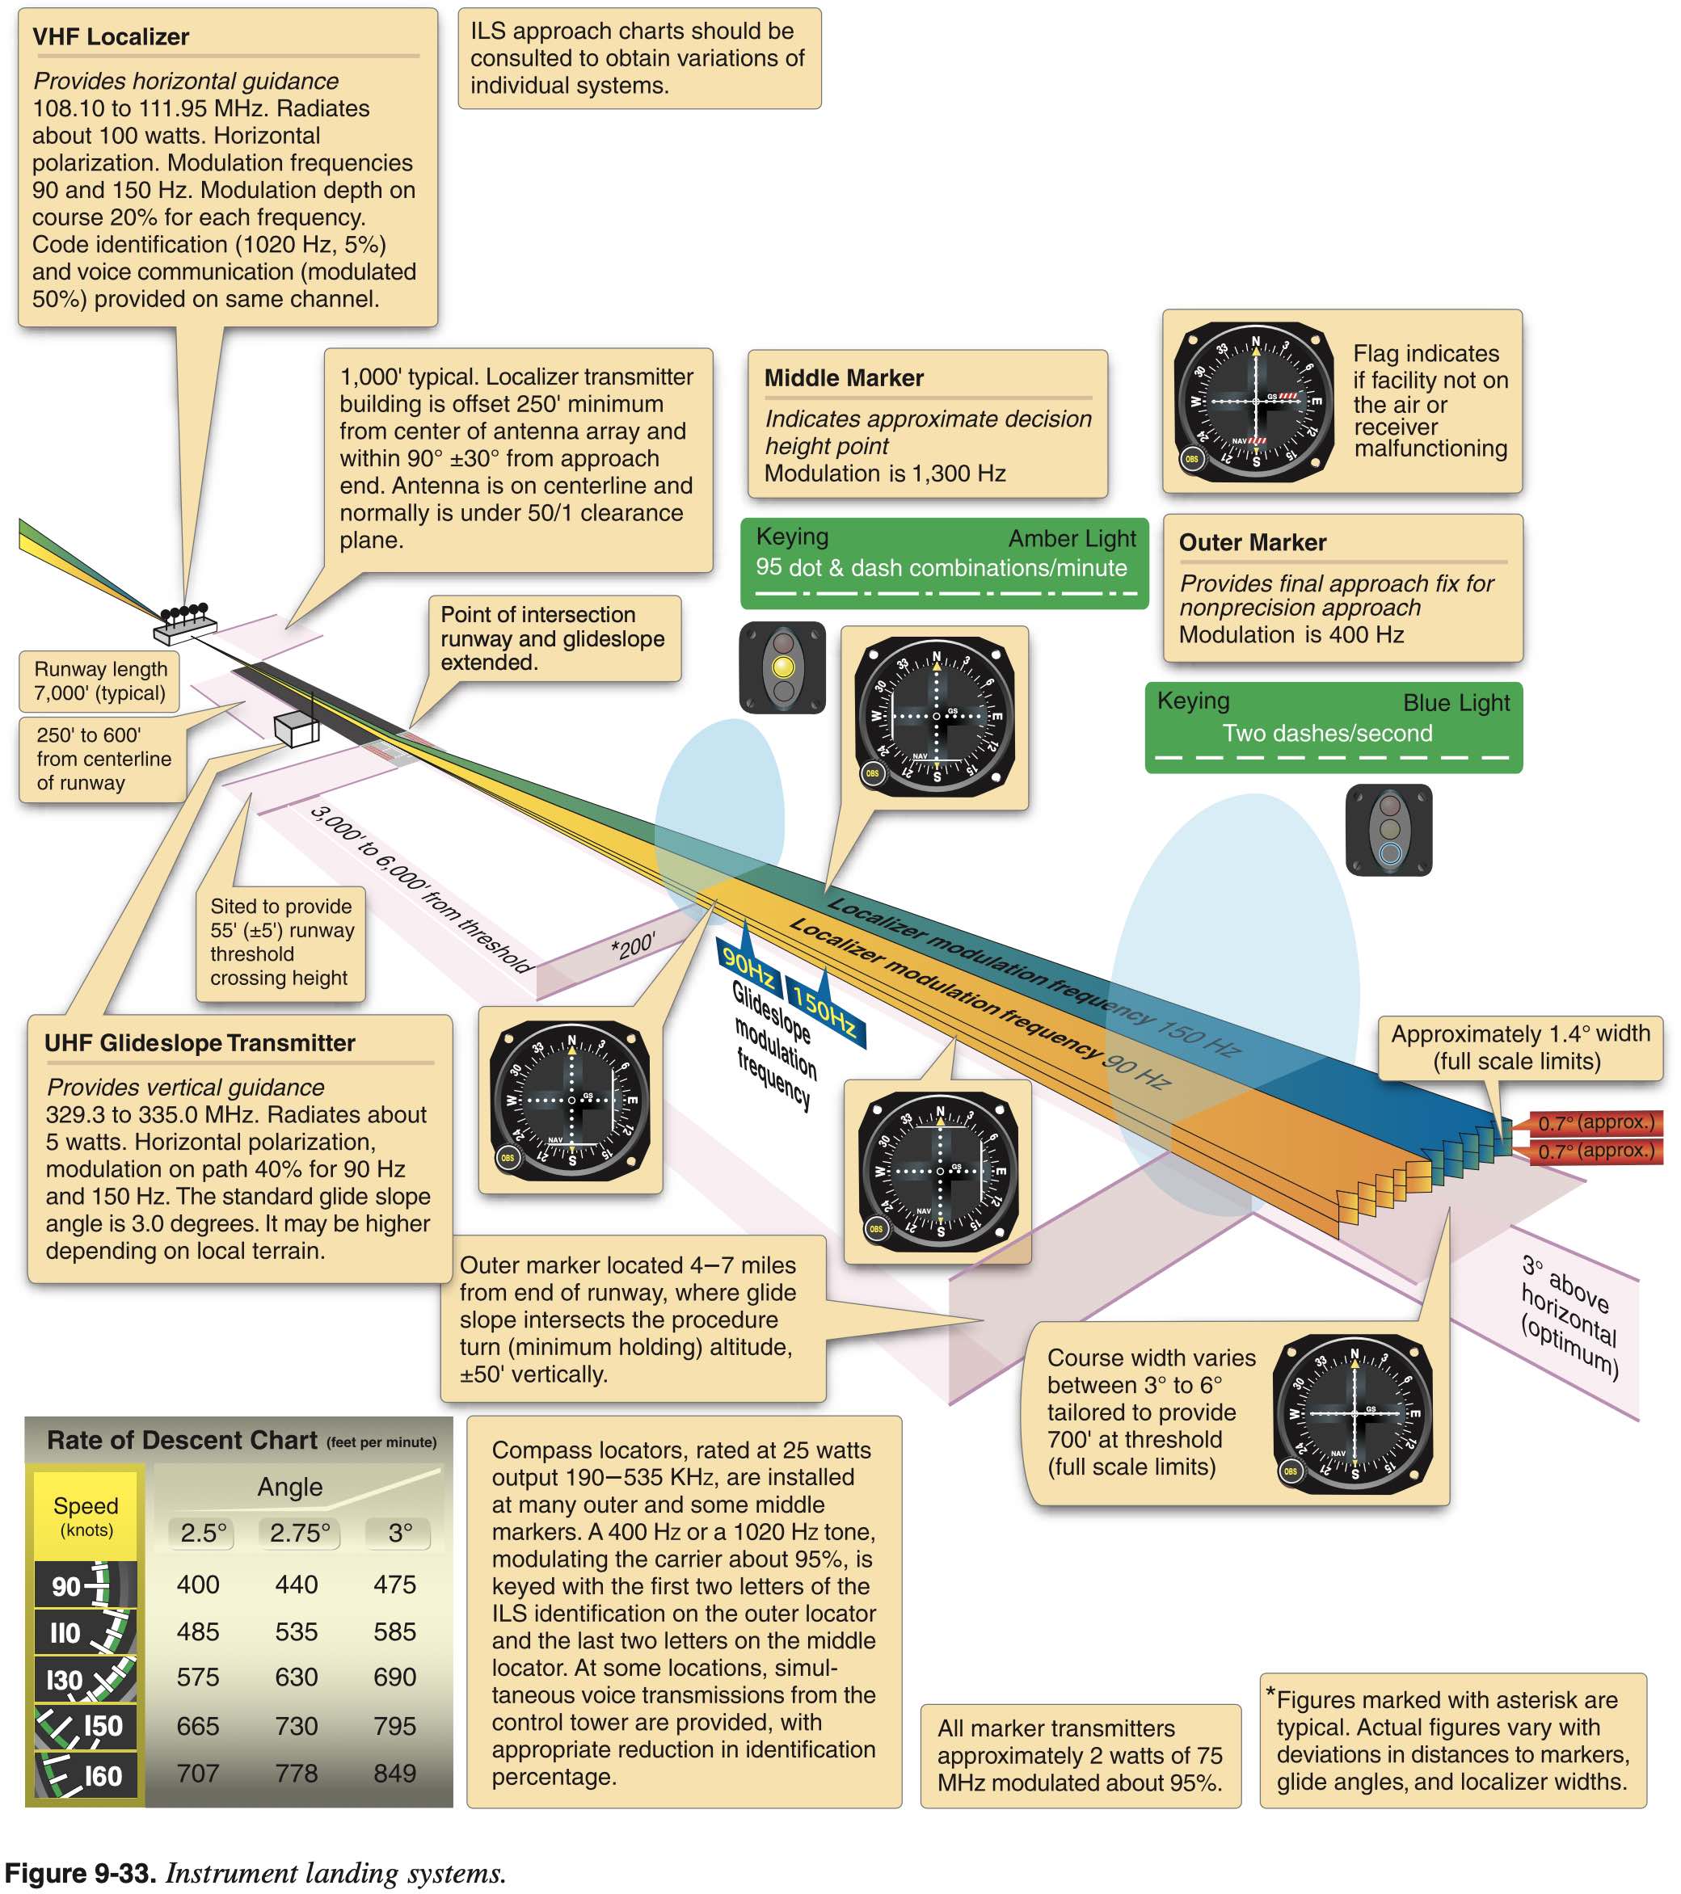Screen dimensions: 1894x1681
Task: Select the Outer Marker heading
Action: point(1252,542)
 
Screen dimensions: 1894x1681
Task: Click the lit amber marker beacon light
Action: point(783,667)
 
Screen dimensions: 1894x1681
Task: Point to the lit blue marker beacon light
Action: point(1389,853)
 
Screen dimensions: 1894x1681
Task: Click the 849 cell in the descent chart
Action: point(394,1773)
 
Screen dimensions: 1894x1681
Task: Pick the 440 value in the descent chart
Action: point(297,1585)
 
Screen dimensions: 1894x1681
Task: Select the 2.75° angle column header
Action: point(299,1533)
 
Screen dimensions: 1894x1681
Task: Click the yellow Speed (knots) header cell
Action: point(86,1515)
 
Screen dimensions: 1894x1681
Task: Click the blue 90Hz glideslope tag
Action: point(748,965)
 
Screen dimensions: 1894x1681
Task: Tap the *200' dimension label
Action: point(633,946)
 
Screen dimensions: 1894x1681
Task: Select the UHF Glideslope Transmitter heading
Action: point(200,1042)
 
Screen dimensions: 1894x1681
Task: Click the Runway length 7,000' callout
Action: point(100,681)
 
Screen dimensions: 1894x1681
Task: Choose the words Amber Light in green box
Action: point(1072,538)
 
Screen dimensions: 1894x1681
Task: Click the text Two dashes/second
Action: point(1327,733)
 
